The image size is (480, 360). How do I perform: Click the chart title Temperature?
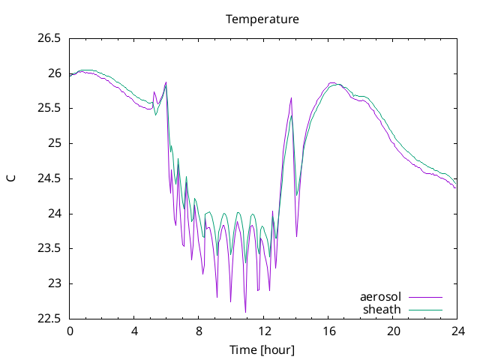click(x=262, y=19)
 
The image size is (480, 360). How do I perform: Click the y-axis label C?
click(x=11, y=178)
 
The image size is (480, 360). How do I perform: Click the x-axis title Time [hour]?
click(x=262, y=349)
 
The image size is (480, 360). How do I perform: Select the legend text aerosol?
click(x=380, y=297)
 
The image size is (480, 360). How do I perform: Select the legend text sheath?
click(x=382, y=310)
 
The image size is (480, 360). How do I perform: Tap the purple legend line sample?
click(x=425, y=297)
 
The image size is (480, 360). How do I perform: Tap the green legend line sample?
click(x=425, y=310)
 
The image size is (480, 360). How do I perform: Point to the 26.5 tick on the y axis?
click(x=49, y=38)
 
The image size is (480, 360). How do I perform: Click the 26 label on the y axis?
click(x=55, y=73)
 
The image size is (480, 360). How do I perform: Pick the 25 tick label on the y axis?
click(x=55, y=143)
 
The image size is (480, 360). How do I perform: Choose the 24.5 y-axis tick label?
click(x=49, y=178)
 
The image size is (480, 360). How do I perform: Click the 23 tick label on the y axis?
click(x=55, y=283)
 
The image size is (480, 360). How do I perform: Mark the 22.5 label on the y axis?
click(x=49, y=319)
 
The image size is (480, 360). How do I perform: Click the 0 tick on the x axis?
click(x=70, y=331)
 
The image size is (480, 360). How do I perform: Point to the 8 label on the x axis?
click(x=199, y=331)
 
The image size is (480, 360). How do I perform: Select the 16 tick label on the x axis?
click(x=328, y=331)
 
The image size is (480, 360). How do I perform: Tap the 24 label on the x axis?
click(x=457, y=331)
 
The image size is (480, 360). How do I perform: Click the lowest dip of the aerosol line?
click(x=245, y=312)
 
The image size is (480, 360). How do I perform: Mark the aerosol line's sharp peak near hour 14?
click(x=291, y=98)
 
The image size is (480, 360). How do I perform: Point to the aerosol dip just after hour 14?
click(x=297, y=236)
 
